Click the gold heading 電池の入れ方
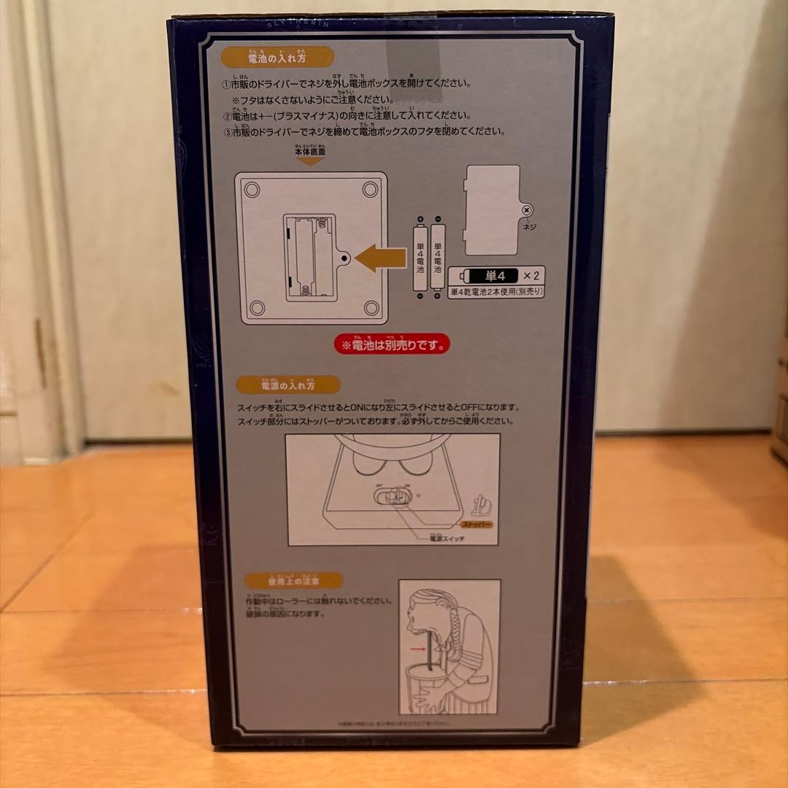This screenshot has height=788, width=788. click(269, 57)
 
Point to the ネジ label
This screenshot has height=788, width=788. click(530, 227)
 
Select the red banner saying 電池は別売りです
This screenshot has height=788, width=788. click(390, 343)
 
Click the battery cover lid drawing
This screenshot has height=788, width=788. click(493, 209)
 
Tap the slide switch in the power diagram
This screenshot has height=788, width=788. click(391, 498)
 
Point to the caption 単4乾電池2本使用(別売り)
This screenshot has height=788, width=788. click(498, 291)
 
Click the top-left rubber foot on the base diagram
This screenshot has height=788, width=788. click(252, 190)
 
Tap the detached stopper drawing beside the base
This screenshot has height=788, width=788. click(480, 503)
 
